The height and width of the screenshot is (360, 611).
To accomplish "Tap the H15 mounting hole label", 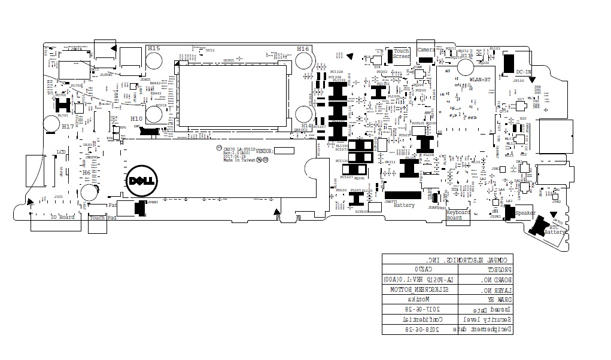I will (x=154, y=48).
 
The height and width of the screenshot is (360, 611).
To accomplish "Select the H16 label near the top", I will (x=303, y=48).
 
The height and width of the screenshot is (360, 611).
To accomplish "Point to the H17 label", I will (x=68, y=127).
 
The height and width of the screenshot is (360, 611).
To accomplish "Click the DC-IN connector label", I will (x=524, y=72).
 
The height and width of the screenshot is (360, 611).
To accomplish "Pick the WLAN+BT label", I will (x=480, y=80).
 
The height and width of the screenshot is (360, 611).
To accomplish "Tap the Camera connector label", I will (x=426, y=50).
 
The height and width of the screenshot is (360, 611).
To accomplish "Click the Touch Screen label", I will (x=402, y=54).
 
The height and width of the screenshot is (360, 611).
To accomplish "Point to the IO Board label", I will (x=62, y=217).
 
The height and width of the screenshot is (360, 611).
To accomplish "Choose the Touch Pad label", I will (x=98, y=218).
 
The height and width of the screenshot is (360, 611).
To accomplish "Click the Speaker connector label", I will (x=525, y=213).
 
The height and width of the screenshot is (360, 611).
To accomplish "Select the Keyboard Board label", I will (x=458, y=215).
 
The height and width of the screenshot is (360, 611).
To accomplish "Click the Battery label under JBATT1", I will (x=404, y=206).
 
